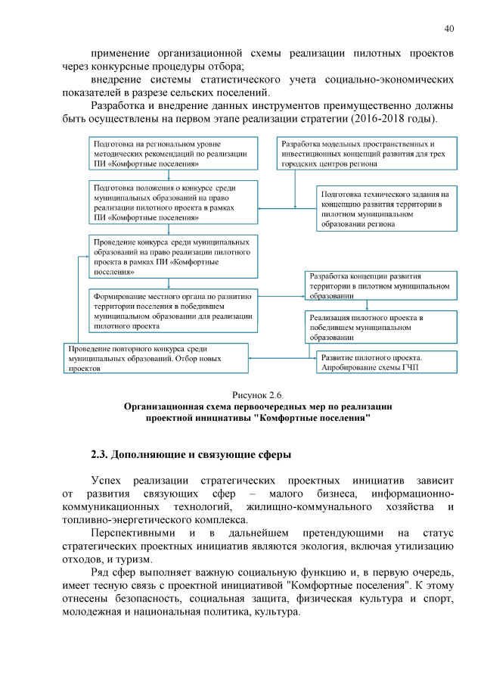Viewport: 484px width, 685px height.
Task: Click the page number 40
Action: point(448,29)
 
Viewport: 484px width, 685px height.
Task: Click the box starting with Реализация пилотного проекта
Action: point(381,325)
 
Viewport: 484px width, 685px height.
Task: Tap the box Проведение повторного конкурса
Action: point(155,358)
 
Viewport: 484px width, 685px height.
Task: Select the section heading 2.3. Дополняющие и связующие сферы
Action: point(191,455)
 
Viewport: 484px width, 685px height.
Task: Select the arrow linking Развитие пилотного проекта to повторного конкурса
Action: point(282,358)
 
